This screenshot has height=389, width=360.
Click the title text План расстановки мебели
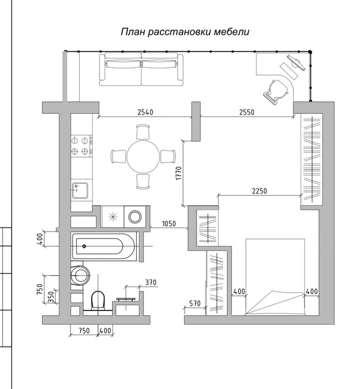click(x=185, y=32)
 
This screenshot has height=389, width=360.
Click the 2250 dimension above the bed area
click(x=259, y=191)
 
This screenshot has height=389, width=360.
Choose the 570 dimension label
click(x=195, y=303)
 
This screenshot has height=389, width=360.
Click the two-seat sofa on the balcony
click(x=141, y=70)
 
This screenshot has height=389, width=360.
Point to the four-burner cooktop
click(x=81, y=145)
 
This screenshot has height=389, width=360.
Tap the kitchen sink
click(x=81, y=190)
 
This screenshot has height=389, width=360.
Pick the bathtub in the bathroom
click(x=104, y=247)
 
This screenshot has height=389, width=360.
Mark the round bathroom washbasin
click(x=79, y=276)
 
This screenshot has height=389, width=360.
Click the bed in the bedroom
click(x=275, y=276)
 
